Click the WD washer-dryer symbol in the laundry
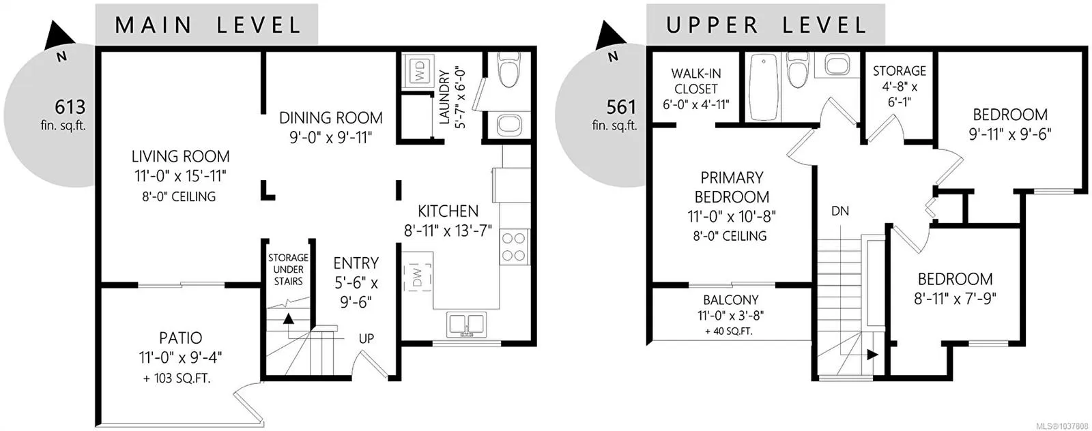coord(418,71)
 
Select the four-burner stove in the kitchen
coord(514,247)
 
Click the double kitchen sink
coord(467,324)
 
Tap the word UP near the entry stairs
coord(366,338)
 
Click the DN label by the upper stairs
coord(840,211)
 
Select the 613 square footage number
coord(70,106)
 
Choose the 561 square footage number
coord(621,106)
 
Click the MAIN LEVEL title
coord(208,25)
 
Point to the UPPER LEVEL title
coord(766,25)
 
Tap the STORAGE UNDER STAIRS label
coord(288,269)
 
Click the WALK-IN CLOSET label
coord(695,81)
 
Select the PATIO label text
coord(180,338)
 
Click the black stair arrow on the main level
coord(289,319)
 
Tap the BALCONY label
coord(730,299)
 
